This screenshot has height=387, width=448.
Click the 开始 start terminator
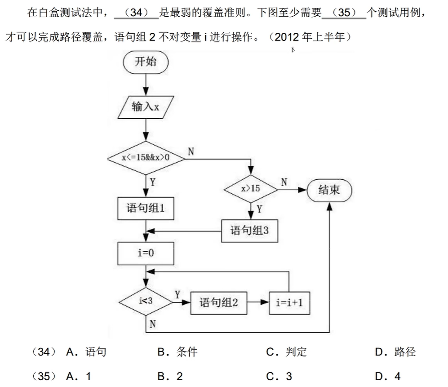pyautogui.click(x=146, y=62)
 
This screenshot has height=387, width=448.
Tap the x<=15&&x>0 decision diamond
pyautogui.click(x=146, y=158)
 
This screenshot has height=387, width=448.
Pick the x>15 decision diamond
pyautogui.click(x=251, y=189)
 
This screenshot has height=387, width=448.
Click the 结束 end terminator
pyautogui.click(x=329, y=190)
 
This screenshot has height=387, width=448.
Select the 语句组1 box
pyautogui.click(x=146, y=209)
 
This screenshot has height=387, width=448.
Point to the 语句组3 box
pyautogui.click(x=249, y=231)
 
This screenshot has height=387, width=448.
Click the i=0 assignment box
pyautogui.click(x=146, y=253)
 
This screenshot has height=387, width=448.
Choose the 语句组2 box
pyautogui.click(x=218, y=302)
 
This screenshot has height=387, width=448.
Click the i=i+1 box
pyautogui.click(x=289, y=302)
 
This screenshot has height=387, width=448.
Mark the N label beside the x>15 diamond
pyautogui.click(x=284, y=182)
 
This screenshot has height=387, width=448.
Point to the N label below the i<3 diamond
pyautogui.click(x=153, y=324)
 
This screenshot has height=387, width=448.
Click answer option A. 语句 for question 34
pyautogui.click(x=86, y=352)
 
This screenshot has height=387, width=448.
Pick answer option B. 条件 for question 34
pyautogui.click(x=177, y=352)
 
